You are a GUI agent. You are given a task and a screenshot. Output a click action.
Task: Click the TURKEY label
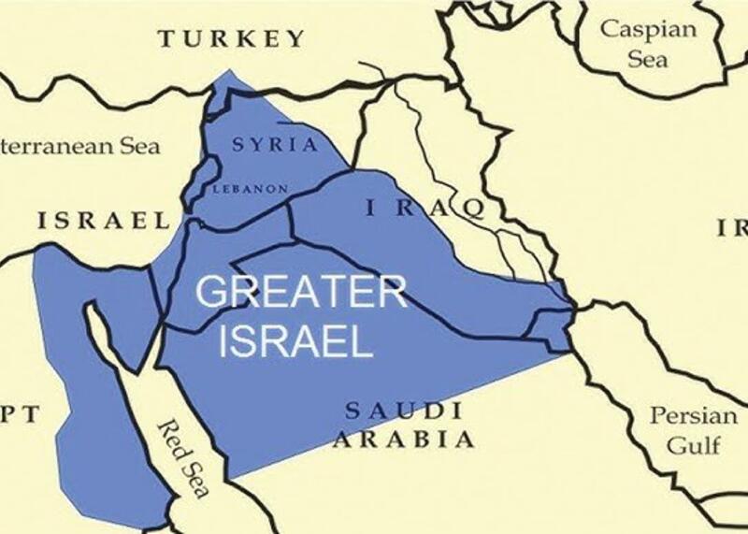tap(232, 38)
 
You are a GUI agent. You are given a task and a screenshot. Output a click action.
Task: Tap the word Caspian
tap(648, 28)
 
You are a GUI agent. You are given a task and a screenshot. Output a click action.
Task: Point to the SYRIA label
tap(275, 145)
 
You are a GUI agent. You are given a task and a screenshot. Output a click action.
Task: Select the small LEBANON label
tap(251, 188)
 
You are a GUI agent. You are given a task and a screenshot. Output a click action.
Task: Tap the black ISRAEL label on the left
tap(104, 221)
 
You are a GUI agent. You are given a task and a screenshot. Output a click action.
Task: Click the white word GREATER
tap(301, 293)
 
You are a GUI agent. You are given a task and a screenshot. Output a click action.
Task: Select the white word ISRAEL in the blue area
tap(296, 341)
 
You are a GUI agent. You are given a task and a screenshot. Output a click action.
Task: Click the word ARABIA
tap(403, 439)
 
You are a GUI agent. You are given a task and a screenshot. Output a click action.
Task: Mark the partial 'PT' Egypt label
tap(21, 414)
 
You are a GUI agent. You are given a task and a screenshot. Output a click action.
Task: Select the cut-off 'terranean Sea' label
tap(80, 146)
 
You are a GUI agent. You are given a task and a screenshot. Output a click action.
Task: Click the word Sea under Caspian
tap(648, 58)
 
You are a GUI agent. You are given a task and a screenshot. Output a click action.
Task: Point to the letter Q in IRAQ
tap(465, 208)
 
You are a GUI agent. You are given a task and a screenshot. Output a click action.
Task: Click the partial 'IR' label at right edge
tap(731, 227)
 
